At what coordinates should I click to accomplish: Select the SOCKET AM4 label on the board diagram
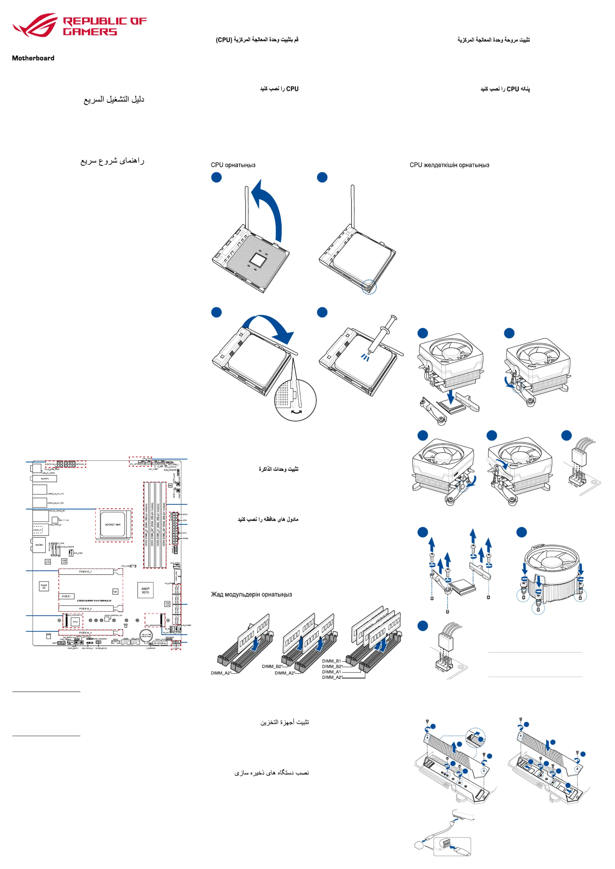coord(113,525)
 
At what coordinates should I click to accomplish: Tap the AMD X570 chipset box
coord(145,590)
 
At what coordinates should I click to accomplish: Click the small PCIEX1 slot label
coord(66,596)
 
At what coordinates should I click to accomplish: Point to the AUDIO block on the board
coord(39,545)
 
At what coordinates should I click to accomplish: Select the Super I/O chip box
coord(44,586)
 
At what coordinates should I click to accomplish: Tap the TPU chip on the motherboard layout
coord(75,622)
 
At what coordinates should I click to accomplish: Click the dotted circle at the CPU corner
coord(369,287)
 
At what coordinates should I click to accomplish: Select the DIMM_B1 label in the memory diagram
coord(331,661)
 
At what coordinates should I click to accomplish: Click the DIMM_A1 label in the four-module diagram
coord(331,672)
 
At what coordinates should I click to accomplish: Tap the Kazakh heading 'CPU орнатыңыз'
coord(233,165)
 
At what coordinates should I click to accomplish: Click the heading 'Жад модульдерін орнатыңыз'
coord(251,594)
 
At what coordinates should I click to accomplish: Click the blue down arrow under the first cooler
coord(451,397)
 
